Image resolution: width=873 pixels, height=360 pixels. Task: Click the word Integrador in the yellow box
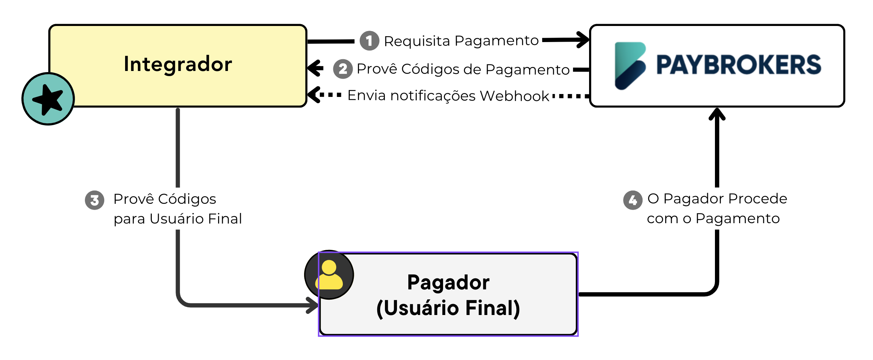point(178,64)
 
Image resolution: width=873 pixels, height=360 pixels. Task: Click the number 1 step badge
point(369,41)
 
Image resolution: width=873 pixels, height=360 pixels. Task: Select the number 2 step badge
point(343,69)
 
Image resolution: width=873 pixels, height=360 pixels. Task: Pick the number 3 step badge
point(94,200)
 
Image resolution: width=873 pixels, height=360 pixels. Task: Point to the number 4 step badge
point(633,200)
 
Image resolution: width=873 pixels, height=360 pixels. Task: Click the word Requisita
point(417,41)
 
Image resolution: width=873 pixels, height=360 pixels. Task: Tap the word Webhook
point(514,96)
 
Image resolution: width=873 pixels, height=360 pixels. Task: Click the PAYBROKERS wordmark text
point(739,65)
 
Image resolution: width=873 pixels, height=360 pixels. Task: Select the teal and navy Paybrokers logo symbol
point(630,66)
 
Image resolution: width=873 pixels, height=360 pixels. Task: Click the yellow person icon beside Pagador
point(329,275)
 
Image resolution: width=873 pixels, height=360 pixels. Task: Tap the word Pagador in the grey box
point(448,282)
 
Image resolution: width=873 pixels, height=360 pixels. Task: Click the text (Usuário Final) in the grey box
point(448,308)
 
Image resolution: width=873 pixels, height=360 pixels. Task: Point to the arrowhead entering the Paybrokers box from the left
point(582,40)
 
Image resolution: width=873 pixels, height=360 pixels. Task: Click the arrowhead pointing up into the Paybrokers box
point(717,114)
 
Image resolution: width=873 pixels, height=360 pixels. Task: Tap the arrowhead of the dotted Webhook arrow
point(314,95)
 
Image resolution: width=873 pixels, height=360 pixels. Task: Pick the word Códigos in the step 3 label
point(187,199)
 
